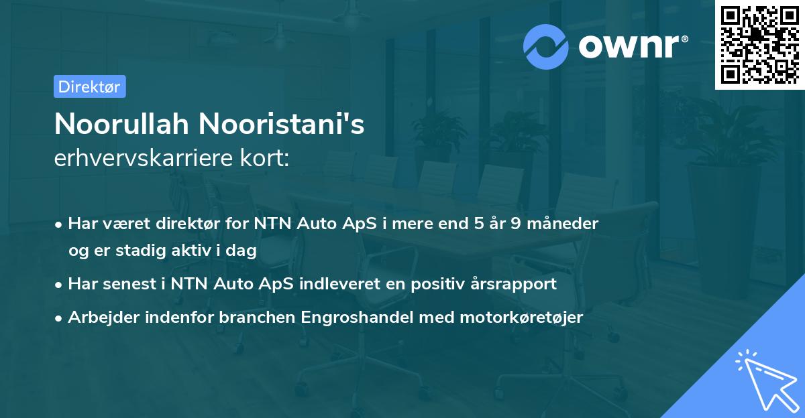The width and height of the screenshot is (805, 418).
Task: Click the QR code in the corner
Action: pos(759,44)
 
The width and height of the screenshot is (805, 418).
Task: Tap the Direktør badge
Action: pos(89,86)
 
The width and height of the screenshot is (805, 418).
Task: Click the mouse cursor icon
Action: pos(764,378)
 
